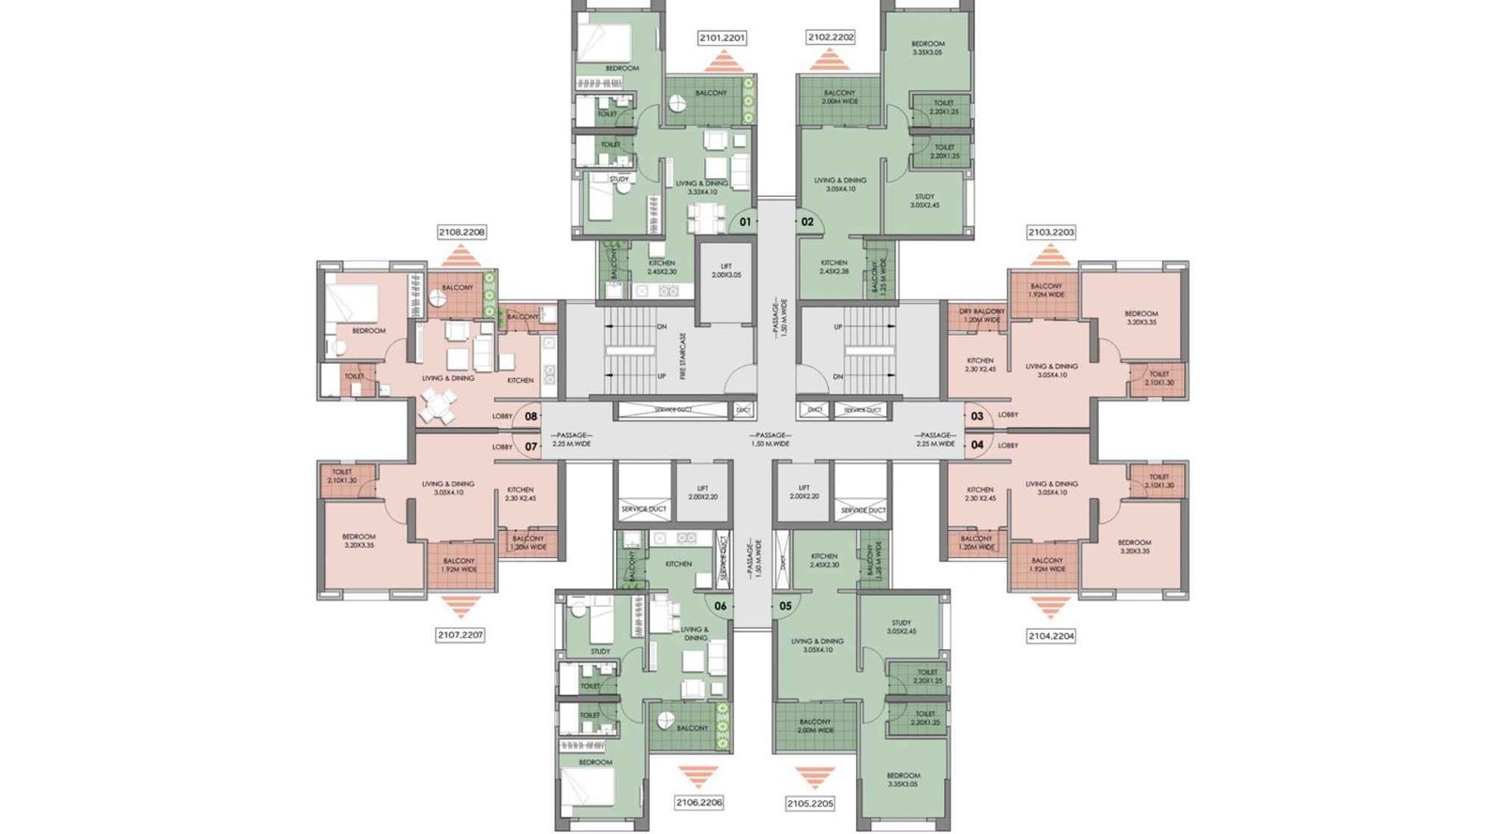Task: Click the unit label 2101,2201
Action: click(722, 38)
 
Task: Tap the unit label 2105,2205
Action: click(810, 804)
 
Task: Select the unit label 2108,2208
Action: click(461, 232)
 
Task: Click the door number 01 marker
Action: click(745, 222)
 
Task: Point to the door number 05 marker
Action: click(786, 606)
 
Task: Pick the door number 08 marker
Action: click(532, 417)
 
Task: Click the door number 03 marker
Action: click(977, 417)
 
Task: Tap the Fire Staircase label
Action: click(683, 355)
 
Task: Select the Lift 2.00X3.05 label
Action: click(726, 271)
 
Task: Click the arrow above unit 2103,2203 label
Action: click(1050, 254)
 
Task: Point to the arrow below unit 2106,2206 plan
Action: click(698, 776)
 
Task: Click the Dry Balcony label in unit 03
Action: click(982, 315)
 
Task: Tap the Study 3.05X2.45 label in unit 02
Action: click(924, 201)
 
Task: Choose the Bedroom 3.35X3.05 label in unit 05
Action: click(903, 780)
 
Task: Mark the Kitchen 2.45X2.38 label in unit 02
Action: click(833, 266)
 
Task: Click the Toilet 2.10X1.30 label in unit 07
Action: click(341, 477)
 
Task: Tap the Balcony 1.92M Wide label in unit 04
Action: click(1047, 564)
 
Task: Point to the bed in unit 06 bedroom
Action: click(588, 787)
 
